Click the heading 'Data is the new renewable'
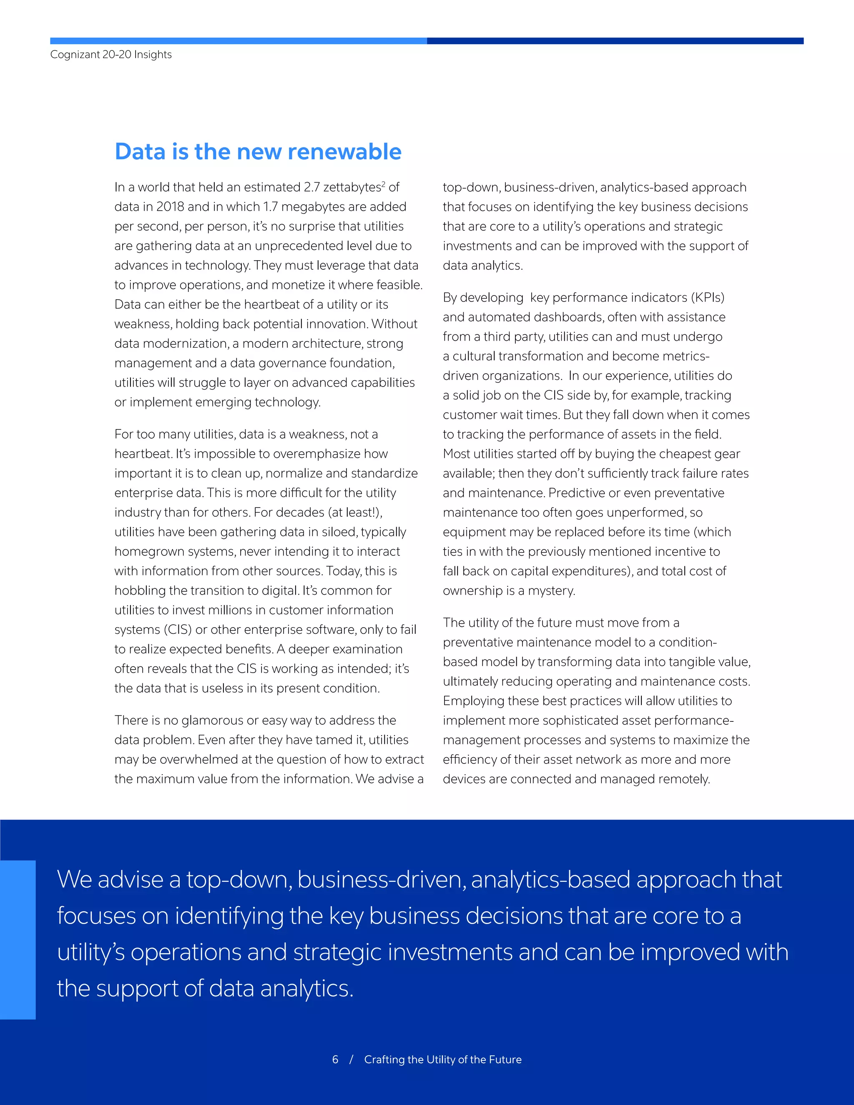(x=258, y=152)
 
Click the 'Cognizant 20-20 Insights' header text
(x=111, y=55)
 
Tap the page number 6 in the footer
(x=335, y=1060)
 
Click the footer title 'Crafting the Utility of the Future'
(x=443, y=1060)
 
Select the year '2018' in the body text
(x=170, y=207)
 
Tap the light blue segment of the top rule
(x=238, y=41)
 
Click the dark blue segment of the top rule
(x=615, y=41)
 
